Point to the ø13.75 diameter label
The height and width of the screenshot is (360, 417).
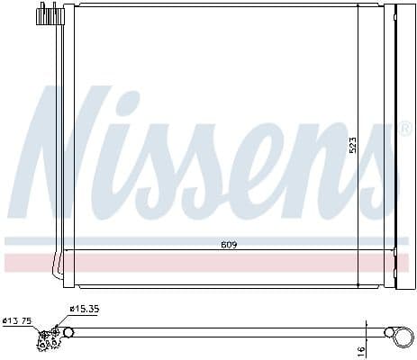pos(18,319)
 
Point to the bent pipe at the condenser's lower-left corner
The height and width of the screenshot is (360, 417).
pos(58,265)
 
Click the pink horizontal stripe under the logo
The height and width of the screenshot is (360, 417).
pos(207,263)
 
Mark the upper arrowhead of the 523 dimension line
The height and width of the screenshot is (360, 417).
pos(358,7)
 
